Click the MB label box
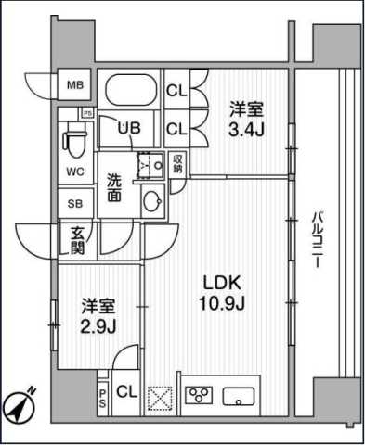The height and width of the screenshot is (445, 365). (x=74, y=86)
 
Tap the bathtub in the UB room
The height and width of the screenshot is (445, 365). (x=129, y=92)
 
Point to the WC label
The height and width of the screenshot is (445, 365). (x=75, y=172)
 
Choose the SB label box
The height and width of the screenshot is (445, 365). (x=74, y=202)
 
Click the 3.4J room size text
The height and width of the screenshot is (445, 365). (x=246, y=129)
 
